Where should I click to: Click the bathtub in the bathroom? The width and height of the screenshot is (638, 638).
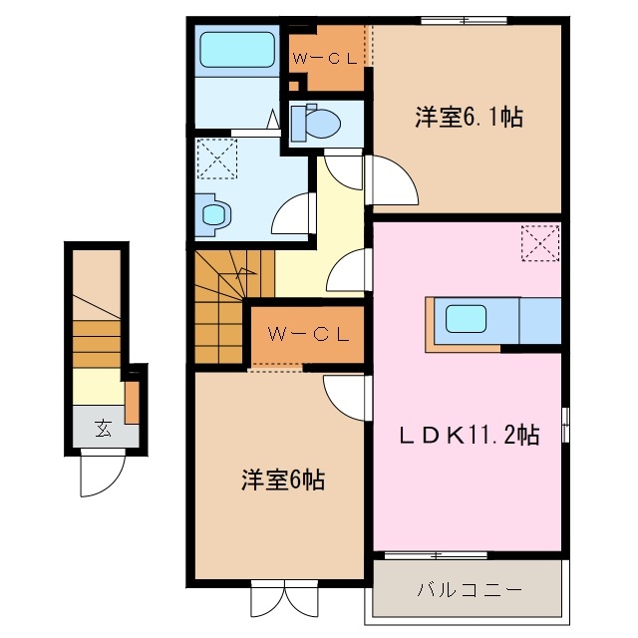236,48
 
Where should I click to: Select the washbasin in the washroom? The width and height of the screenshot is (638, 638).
213,213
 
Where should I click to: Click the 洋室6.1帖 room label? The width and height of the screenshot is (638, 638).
469,118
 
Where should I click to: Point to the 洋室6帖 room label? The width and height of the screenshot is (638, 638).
282,478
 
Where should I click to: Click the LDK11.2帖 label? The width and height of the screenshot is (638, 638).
470,435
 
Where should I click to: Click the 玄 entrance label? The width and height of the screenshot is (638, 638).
103,430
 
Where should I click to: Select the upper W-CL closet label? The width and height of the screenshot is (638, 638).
326,58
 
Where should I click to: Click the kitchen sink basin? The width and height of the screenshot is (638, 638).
466,319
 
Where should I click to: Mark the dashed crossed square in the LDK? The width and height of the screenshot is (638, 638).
541,242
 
